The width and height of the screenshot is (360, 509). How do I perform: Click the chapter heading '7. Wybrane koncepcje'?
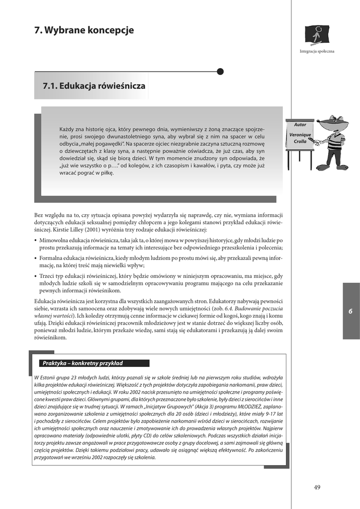(x=84, y=30)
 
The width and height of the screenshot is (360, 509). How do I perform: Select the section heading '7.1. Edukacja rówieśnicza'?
(x=94, y=86)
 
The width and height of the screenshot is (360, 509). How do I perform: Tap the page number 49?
(x=317, y=487)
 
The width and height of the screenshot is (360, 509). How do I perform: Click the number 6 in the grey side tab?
(x=350, y=311)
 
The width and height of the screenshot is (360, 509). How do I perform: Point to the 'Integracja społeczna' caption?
(x=317, y=51)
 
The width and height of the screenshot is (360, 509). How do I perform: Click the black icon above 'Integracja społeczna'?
(x=316, y=35)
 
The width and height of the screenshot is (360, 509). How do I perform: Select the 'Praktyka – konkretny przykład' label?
(x=83, y=363)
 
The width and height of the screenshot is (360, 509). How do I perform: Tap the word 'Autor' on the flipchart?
(x=300, y=125)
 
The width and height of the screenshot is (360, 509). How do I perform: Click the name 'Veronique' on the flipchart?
(x=300, y=135)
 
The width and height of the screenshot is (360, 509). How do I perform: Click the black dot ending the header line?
(x=220, y=72)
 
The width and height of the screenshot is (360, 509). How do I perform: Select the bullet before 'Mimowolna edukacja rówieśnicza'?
(x=35, y=240)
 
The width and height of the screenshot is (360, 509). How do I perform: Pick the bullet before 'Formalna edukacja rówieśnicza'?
(x=35, y=259)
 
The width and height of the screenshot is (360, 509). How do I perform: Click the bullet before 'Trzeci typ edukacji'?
(x=35, y=276)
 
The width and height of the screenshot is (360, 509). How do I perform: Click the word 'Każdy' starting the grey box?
(x=68, y=129)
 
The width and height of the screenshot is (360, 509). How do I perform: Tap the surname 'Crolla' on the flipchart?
(x=300, y=142)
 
